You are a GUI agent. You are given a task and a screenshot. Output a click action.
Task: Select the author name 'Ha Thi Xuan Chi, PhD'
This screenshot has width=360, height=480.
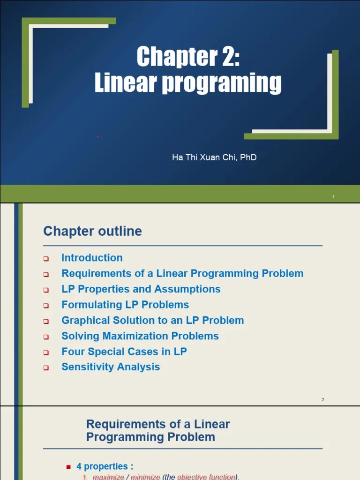214,157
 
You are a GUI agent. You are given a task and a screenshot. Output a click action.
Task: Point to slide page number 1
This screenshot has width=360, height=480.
333,197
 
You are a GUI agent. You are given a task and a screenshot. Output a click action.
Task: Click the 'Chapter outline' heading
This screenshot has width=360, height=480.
92,231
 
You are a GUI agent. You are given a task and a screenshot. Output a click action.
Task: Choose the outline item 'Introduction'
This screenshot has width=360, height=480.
92,258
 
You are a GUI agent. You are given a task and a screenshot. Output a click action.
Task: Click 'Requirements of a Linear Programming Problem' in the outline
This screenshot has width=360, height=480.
182,273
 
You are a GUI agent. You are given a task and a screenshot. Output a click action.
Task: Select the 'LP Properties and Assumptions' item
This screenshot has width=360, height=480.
141,289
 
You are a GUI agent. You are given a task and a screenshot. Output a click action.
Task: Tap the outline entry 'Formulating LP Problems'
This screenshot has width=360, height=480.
125,305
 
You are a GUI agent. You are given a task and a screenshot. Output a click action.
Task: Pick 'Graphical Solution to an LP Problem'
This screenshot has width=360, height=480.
152,321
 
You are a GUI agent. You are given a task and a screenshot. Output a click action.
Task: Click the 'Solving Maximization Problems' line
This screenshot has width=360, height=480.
140,336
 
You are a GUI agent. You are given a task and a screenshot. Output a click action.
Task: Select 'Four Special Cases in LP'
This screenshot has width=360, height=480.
124,352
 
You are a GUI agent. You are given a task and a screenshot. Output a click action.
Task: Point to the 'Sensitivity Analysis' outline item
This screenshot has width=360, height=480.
111,367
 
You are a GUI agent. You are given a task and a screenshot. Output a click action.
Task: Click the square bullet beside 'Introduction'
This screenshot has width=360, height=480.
46,259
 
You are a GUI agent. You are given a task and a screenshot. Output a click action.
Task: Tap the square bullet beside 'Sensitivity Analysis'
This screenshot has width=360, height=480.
46,368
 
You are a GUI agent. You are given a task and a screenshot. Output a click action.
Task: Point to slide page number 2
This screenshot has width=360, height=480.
323,400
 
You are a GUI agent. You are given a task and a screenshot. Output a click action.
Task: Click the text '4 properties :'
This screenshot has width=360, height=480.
105,466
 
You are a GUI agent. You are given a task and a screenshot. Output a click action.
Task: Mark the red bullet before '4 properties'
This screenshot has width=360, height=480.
68,467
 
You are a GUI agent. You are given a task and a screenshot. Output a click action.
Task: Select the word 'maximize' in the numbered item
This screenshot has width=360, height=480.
108,477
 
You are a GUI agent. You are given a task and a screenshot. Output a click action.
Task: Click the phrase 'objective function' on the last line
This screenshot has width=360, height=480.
206,477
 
